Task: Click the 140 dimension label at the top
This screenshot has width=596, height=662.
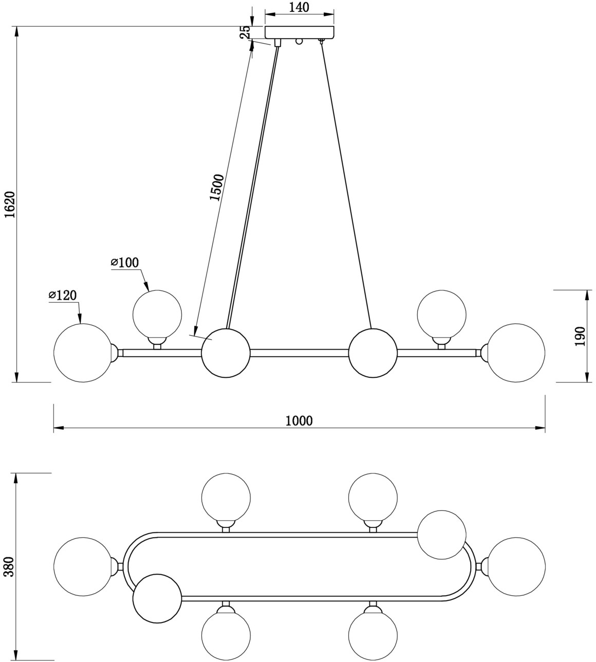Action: coord(299,7)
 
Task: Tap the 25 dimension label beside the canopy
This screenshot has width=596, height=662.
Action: coord(246,32)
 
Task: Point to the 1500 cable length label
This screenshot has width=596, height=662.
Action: coord(217,188)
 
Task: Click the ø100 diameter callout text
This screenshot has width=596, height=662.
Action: coord(125,263)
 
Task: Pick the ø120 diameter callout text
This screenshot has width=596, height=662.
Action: coord(63,295)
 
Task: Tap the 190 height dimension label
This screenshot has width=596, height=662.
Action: coord(580,336)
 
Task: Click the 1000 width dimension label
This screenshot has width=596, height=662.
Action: coord(299,421)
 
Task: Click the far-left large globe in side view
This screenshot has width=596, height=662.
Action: coord(83,353)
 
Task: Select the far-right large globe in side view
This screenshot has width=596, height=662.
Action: coord(516,353)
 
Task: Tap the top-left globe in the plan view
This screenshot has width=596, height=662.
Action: coord(226,497)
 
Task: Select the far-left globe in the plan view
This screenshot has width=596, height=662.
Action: coord(83,566)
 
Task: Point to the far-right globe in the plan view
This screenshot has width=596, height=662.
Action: coord(516,566)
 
